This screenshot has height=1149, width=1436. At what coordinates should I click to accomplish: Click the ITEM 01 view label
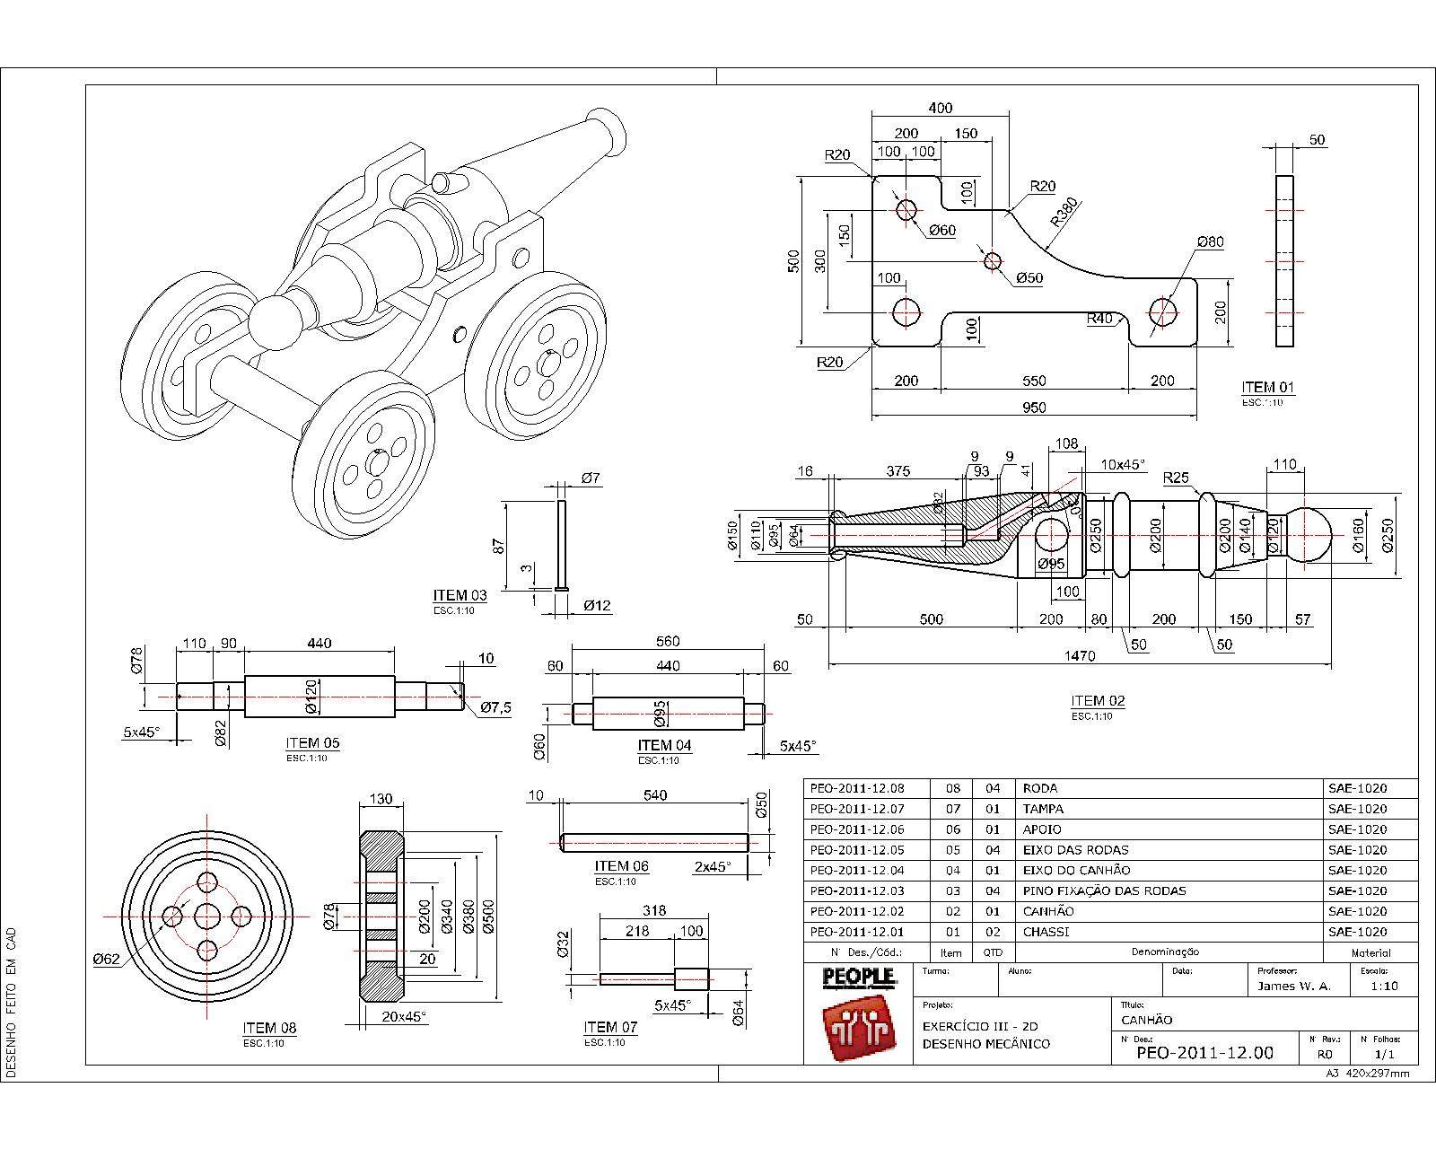[1268, 388]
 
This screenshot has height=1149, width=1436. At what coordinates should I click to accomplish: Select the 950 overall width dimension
[1034, 408]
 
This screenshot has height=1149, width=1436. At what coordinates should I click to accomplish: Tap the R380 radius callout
[1065, 215]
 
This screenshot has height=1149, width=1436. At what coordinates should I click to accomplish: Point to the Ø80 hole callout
[1210, 242]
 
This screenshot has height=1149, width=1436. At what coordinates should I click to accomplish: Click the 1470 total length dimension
[1080, 656]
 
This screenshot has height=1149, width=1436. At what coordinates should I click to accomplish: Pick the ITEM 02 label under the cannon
[1098, 701]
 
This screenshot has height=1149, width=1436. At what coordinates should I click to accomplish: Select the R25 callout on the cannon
[1176, 477]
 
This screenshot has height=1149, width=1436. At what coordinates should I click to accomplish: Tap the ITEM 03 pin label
[460, 595]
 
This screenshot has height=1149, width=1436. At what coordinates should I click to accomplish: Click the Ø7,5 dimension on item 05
[495, 708]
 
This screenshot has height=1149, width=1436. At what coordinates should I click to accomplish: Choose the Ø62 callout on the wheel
[106, 959]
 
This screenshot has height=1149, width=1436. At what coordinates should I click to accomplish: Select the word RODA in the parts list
[1040, 788]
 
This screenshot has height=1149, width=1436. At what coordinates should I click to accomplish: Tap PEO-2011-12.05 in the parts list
[857, 850]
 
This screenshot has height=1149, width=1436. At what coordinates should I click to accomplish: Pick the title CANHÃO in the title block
[1147, 1020]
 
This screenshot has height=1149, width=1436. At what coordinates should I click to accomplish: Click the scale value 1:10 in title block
[1383, 986]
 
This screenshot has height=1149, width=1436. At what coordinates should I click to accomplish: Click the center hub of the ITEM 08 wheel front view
[207, 917]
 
